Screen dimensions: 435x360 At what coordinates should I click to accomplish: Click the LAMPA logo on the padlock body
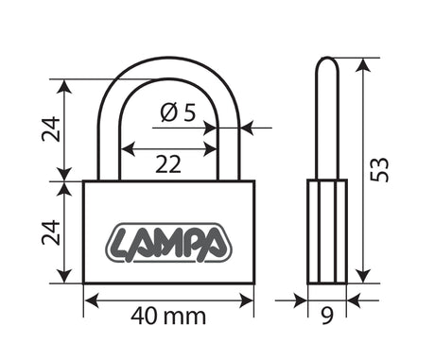(167, 243)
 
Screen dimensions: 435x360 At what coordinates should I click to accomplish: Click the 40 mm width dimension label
(168, 317)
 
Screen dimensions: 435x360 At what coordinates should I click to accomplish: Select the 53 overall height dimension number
(379, 169)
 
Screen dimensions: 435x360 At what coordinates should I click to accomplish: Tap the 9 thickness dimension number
(327, 316)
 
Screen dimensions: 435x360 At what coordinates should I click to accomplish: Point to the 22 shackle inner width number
(168, 164)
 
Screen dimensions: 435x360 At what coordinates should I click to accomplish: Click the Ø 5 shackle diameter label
(178, 112)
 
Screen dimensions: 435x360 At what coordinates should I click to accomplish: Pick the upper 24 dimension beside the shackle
(51, 129)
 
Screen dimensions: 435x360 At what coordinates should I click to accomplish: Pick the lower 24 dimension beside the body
(51, 232)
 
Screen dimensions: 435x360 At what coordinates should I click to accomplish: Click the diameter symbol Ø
(168, 112)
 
